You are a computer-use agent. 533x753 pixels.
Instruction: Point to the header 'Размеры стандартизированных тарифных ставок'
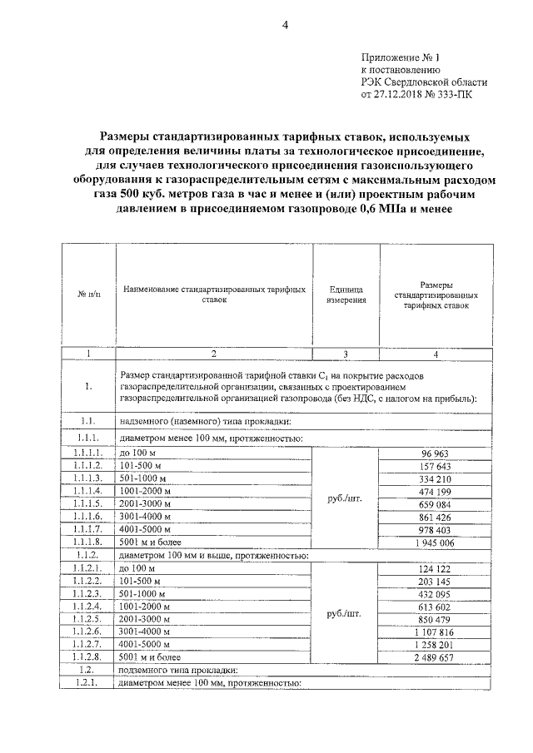click(x=436, y=295)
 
